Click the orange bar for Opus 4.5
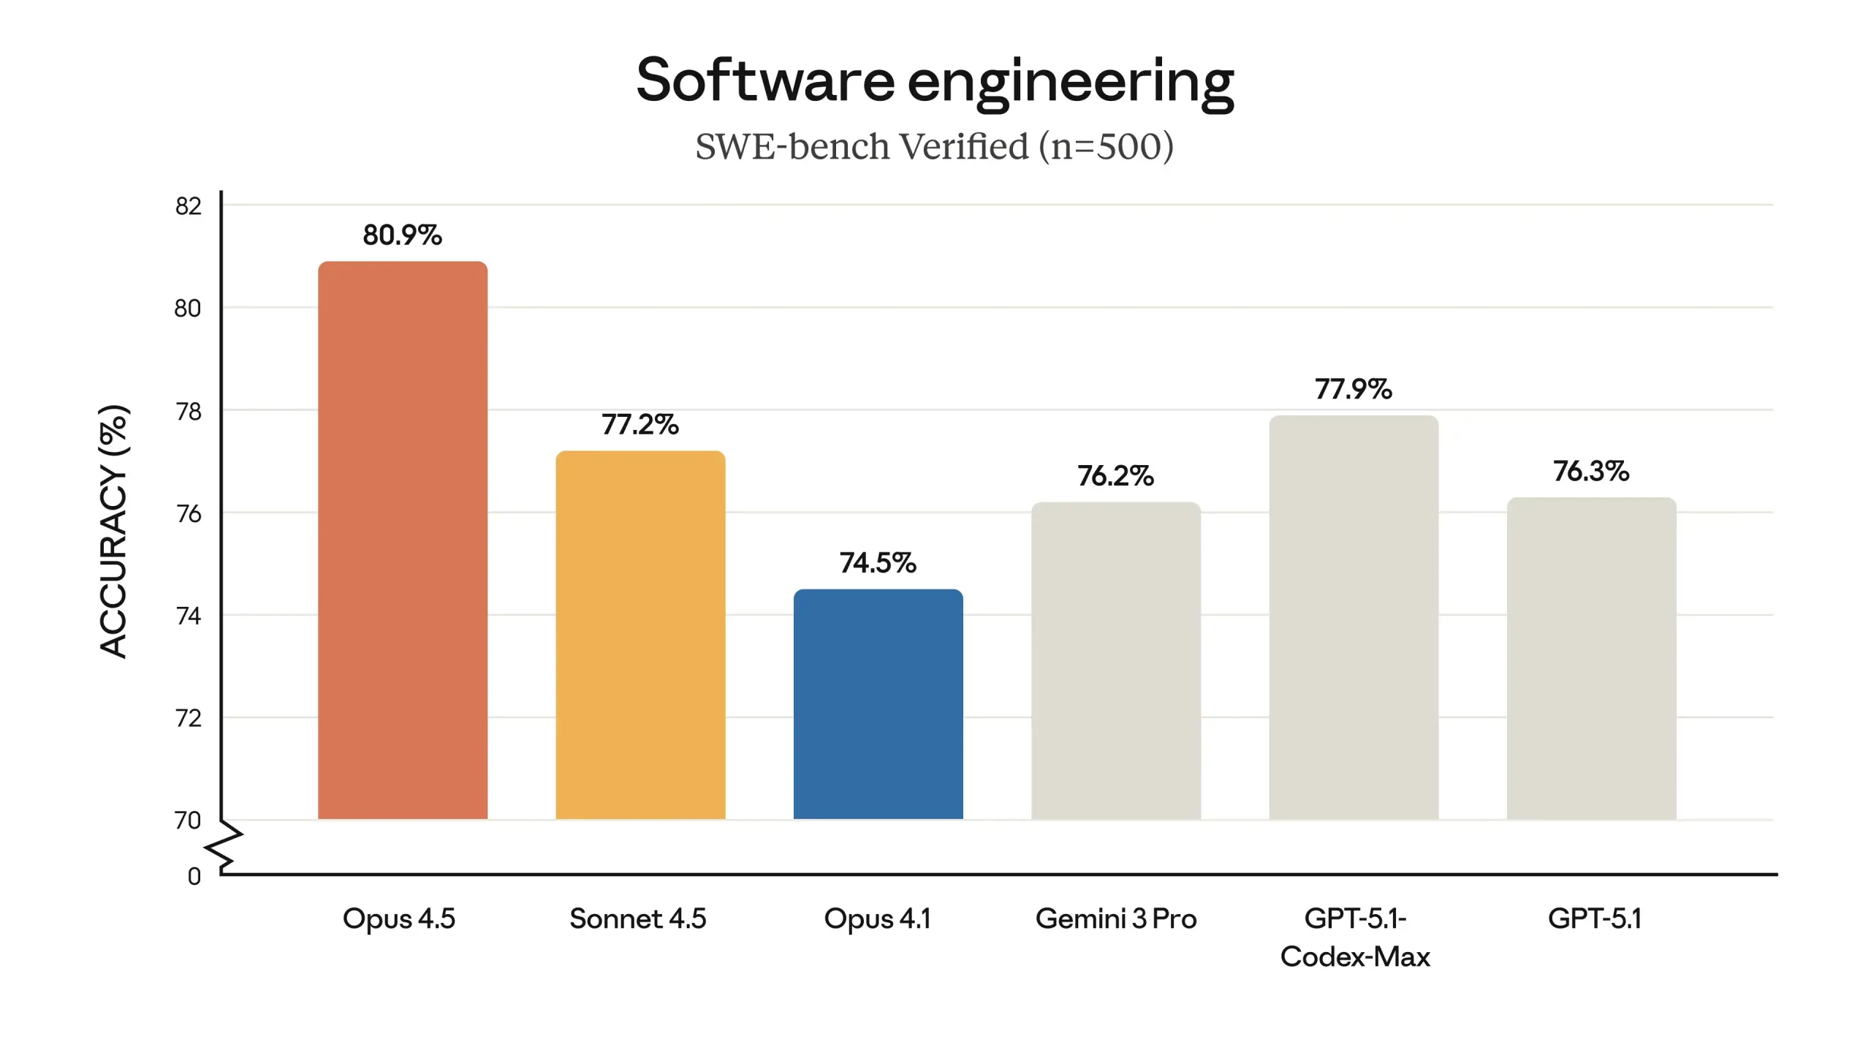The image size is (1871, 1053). [x=402, y=541]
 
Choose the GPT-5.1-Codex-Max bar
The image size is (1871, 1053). [x=1354, y=617]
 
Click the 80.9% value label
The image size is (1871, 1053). [x=402, y=235]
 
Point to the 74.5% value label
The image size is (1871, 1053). [x=877, y=563]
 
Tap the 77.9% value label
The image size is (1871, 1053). [x=1353, y=389]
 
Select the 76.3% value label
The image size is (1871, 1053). [x=1591, y=471]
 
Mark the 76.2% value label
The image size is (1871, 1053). [x=1115, y=476]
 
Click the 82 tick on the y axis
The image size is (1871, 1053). [x=188, y=206]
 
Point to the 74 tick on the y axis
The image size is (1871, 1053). [x=188, y=616]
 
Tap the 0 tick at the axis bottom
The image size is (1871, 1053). [x=194, y=876]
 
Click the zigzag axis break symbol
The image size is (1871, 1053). [x=224, y=848]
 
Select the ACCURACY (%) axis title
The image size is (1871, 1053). [x=113, y=531]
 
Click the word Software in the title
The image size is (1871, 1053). [x=764, y=80]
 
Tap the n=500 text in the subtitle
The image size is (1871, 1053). [x=1107, y=146]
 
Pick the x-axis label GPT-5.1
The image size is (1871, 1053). [x=1595, y=918]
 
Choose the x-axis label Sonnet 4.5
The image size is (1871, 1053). [x=637, y=918]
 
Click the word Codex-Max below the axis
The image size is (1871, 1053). [x=1355, y=956]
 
